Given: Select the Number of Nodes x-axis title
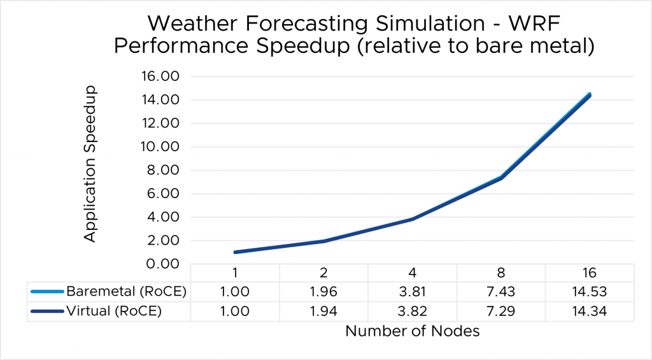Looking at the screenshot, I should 413,331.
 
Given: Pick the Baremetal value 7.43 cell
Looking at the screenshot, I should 500,291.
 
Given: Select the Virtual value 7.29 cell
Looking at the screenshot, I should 500,312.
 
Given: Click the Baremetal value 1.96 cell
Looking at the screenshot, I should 324,291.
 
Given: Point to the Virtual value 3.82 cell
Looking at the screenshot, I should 413,312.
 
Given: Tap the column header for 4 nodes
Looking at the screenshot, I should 413,273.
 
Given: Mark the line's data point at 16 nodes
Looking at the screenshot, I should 590,95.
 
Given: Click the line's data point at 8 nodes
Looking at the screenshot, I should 501,178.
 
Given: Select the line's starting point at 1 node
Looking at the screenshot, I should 236,252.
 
